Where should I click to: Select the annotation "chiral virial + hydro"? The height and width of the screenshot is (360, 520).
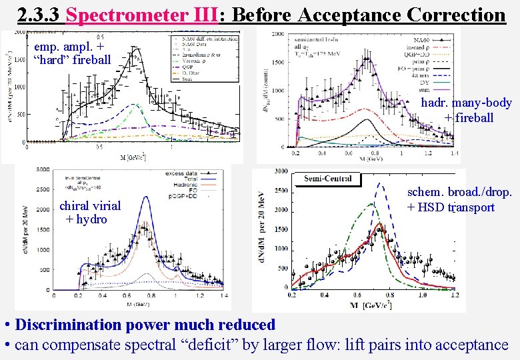point(89,212)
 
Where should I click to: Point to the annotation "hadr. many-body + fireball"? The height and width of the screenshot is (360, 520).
point(469,110)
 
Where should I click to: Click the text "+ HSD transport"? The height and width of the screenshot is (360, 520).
point(451,207)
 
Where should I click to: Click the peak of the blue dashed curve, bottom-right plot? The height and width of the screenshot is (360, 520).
point(380,183)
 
